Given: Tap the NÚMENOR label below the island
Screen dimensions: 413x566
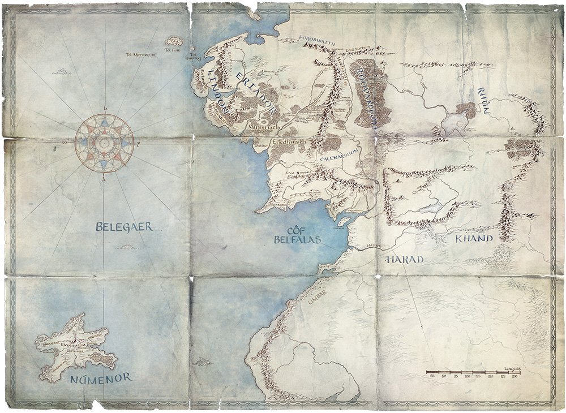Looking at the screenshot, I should [102, 377].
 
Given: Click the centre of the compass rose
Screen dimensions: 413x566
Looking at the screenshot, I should [104, 143].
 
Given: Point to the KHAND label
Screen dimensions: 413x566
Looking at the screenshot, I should [474, 239].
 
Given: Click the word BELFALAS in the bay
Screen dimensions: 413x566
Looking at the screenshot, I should [297, 239].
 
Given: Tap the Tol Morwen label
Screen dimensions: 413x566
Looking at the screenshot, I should [138, 55].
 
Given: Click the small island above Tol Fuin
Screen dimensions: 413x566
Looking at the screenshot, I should [174, 41].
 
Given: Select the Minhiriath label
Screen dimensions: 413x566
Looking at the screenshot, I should [260, 128].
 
